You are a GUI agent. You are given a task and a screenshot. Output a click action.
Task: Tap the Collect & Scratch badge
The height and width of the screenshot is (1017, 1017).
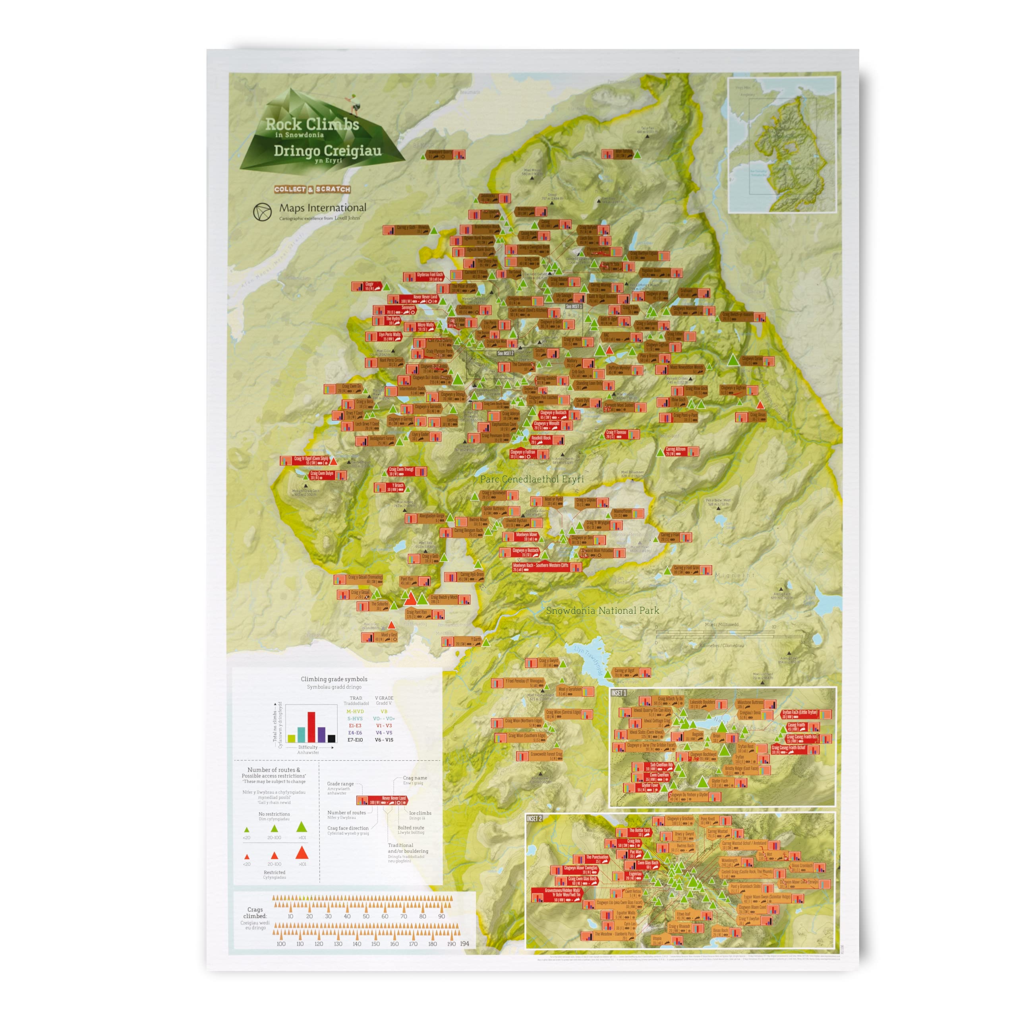pyautogui.click(x=312, y=189)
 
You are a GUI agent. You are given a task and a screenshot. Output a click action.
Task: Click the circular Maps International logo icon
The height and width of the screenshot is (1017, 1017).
pyautogui.click(x=262, y=212)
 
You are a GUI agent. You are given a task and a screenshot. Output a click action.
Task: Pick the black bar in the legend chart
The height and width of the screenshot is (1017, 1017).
pyautogui.click(x=332, y=738)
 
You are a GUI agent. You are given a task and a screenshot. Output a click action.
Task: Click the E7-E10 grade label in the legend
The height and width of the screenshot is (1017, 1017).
pyautogui.click(x=355, y=740)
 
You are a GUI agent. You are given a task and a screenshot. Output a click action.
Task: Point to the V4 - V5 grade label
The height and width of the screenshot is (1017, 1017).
pyautogui.click(x=384, y=733)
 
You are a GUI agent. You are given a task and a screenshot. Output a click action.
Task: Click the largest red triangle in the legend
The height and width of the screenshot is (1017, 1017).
pyautogui.click(x=302, y=852)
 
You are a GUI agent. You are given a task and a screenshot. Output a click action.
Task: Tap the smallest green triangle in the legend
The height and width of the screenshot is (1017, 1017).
pyautogui.click(x=246, y=829)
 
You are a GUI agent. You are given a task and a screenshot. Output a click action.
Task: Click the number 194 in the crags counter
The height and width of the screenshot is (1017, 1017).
pyautogui.click(x=465, y=944)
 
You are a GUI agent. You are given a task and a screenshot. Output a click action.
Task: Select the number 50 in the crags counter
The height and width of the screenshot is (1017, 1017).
pyautogui.click(x=366, y=916)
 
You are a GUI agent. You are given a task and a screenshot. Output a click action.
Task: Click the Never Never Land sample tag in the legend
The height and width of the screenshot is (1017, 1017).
pyautogui.click(x=383, y=800)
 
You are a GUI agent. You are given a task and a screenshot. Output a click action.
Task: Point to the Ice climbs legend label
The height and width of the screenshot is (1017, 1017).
pyautogui.click(x=420, y=813)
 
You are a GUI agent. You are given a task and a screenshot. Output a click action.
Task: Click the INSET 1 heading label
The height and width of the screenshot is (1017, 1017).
pyautogui.click(x=619, y=693)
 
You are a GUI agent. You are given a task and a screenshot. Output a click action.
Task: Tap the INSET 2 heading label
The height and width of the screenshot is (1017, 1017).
pyautogui.click(x=534, y=818)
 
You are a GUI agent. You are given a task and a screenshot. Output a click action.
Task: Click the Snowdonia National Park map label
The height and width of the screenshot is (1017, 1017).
pyautogui.click(x=602, y=611)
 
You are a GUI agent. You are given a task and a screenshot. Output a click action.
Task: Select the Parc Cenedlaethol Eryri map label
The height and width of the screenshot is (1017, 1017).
pyautogui.click(x=532, y=479)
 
